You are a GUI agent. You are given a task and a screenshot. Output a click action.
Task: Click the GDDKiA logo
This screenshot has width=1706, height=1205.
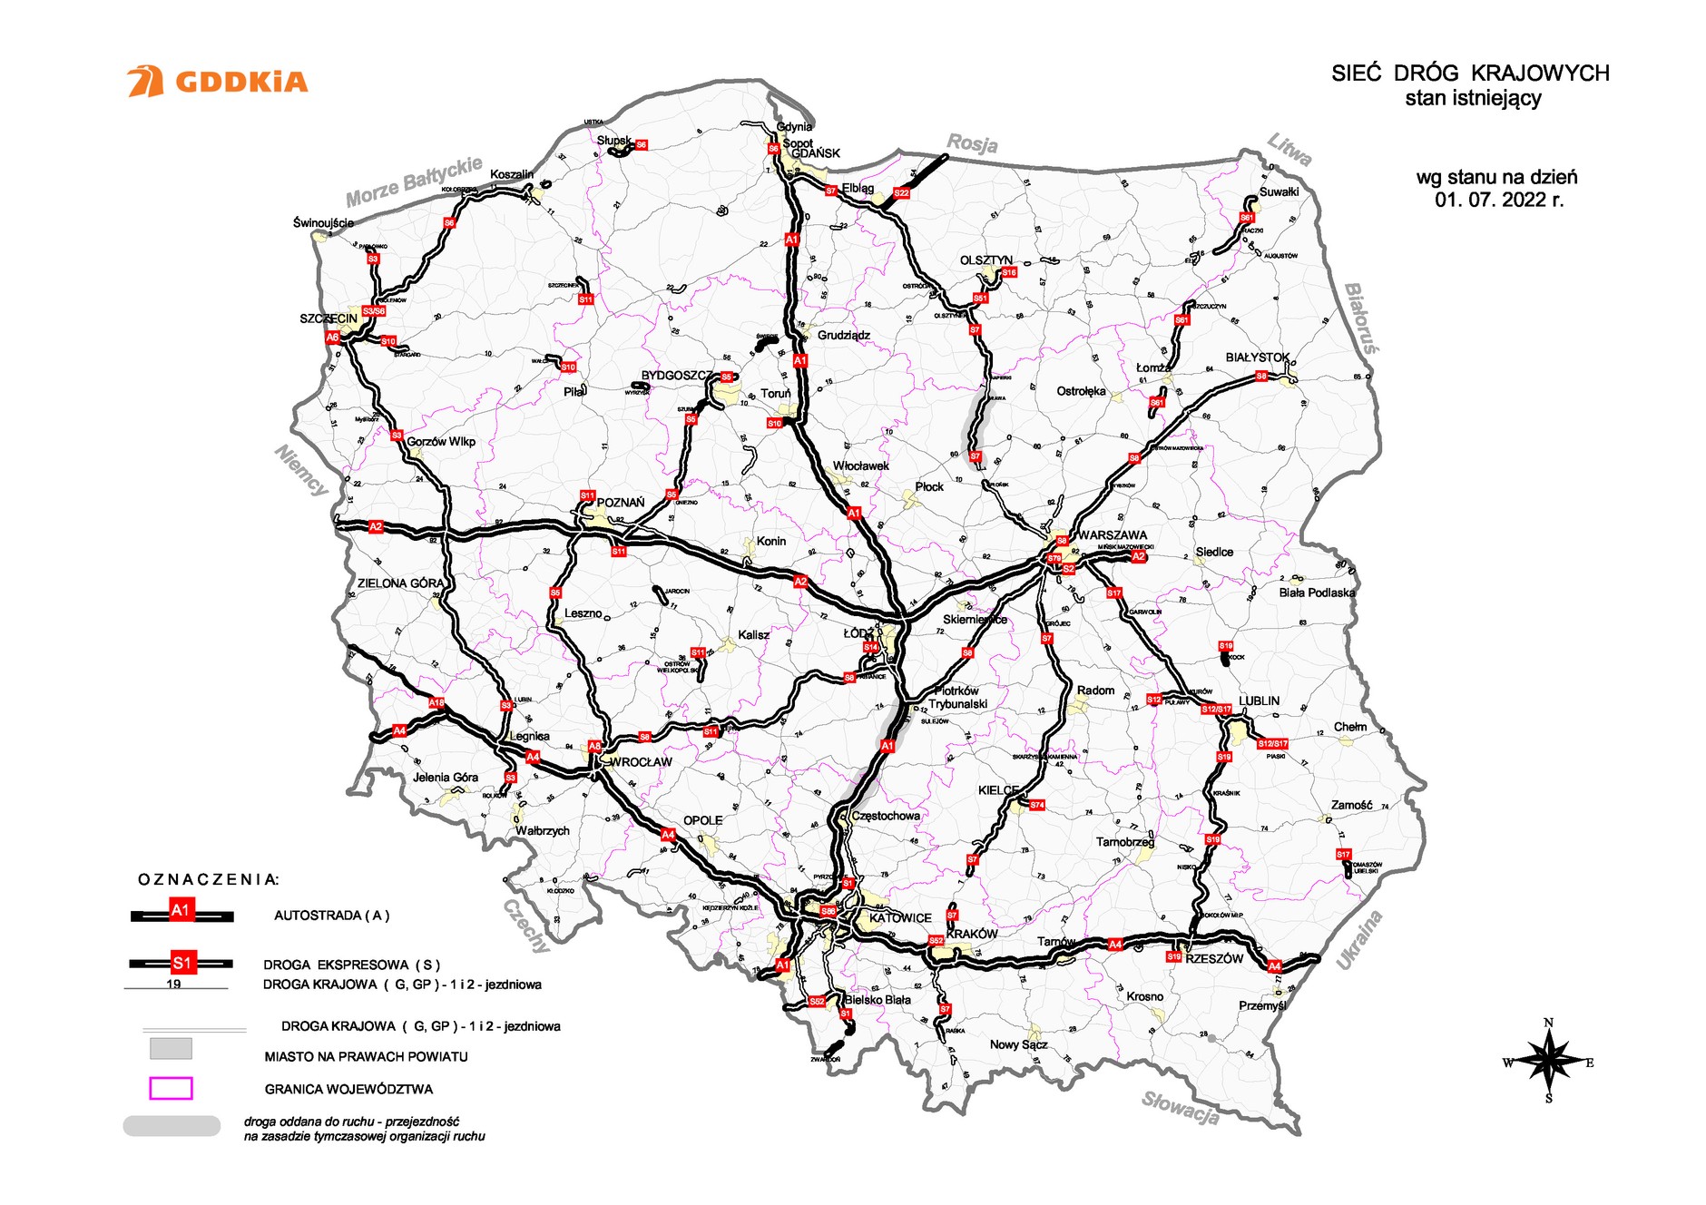pos(218,82)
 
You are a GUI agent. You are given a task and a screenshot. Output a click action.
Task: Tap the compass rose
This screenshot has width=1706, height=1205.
pos(1548,1061)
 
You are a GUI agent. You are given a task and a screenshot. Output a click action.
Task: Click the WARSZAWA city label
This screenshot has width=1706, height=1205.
pos(1112,535)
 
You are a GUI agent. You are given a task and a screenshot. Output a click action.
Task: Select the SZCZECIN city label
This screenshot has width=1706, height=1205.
pos(328,318)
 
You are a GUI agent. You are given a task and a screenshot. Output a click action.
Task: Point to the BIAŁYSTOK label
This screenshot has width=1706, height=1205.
pos(1257,358)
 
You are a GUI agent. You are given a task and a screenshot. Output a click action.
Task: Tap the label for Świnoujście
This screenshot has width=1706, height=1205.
pos(323,222)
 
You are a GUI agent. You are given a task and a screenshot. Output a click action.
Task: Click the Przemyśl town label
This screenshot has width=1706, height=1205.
pos(1262,1005)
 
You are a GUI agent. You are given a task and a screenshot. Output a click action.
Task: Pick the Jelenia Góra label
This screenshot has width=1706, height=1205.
pos(445,777)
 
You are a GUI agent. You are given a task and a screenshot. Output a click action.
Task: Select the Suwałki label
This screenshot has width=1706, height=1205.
pos(1279,191)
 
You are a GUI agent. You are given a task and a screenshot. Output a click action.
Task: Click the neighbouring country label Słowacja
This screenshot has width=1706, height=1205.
pos(1180,1107)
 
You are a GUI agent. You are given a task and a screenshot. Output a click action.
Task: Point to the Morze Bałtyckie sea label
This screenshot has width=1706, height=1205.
pos(414,181)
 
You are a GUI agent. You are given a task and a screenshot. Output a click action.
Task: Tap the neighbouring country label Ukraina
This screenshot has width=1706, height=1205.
pos(1359,940)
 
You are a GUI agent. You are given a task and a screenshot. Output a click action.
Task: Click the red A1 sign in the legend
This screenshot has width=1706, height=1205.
pos(181,910)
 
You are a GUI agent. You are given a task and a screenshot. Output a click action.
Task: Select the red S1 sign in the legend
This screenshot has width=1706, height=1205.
pos(182,963)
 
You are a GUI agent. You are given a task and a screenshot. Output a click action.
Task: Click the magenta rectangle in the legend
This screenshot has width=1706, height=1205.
pos(171,1088)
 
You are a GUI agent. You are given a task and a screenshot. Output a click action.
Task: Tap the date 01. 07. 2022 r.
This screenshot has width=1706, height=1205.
pos(1499,200)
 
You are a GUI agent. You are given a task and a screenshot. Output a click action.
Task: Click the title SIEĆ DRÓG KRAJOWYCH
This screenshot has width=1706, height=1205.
pos(1470,73)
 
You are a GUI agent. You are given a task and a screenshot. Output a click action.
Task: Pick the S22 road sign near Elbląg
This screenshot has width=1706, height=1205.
pos(901,193)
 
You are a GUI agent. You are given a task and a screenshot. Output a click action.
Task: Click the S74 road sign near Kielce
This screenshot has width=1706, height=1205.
pos(1037,805)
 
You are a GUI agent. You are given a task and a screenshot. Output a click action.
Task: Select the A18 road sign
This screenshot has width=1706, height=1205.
pos(436,703)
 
